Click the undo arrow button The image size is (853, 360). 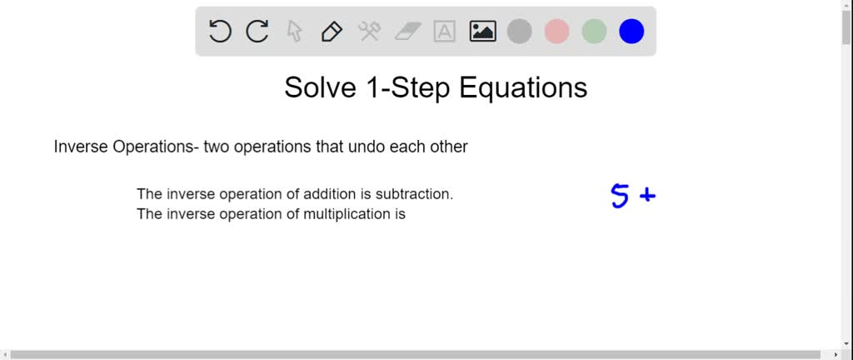click(x=220, y=31)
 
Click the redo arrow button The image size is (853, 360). click(x=257, y=31)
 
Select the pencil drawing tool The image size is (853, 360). click(x=332, y=32)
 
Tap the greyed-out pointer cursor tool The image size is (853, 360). click(x=294, y=31)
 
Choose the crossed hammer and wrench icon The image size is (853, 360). click(x=369, y=31)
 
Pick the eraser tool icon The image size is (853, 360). click(x=407, y=32)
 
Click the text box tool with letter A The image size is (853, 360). click(x=445, y=32)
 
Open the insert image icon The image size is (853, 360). click(x=482, y=31)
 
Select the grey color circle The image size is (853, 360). click(x=520, y=31)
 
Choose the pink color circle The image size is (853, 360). click(x=557, y=31)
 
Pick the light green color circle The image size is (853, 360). click(x=594, y=31)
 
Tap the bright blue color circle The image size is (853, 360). click(x=631, y=31)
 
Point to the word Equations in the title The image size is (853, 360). click(x=523, y=88)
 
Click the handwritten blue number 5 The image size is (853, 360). click(x=620, y=196)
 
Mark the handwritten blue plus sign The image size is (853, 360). click(x=647, y=195)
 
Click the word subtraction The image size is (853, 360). click(x=415, y=194)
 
